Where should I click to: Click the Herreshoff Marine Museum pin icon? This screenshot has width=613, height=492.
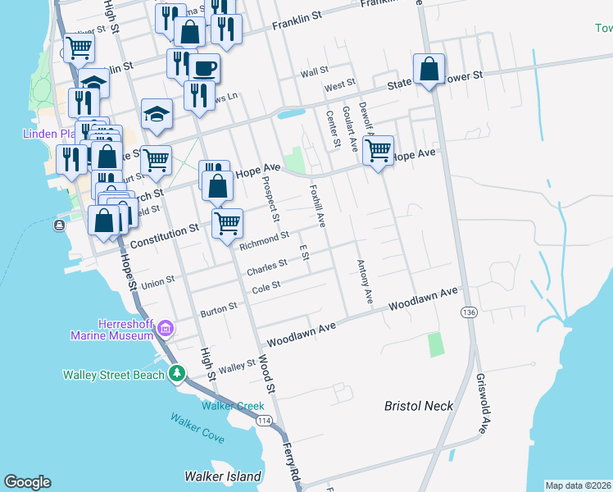pos(166,329)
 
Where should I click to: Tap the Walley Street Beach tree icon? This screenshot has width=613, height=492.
pos(176,375)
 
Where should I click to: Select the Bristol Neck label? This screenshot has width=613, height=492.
pos(419,406)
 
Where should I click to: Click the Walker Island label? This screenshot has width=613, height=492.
pos(223,476)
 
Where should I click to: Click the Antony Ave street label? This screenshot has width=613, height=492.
pos(365,282)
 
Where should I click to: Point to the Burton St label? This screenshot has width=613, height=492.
pos(219,310)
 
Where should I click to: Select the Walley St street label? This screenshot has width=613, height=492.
pos(238,364)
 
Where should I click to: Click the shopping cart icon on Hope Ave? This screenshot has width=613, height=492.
pos(378,150)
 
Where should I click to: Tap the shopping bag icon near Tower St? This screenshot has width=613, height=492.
pos(429,69)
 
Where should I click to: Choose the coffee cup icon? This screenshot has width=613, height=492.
pos(205,68)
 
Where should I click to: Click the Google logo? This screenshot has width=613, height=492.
pos(27,482)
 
